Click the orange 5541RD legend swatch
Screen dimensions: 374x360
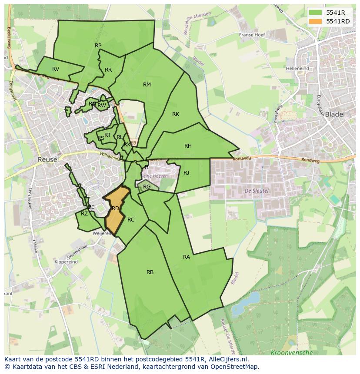coord(317,21)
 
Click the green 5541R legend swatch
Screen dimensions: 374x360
coord(317,13)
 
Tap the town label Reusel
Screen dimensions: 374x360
coord(48,159)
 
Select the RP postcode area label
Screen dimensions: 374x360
coord(98,45)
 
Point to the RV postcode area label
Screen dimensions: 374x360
coord(56,69)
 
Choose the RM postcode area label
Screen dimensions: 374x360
coord(147,84)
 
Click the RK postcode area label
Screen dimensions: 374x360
coord(176,114)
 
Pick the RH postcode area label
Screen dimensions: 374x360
coord(188,146)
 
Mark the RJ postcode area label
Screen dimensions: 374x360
coord(187,172)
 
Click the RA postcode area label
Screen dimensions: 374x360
coord(187,257)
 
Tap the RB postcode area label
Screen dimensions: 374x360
coord(150,272)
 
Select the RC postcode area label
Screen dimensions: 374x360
coord(131,220)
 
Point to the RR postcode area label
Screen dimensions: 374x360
coord(108,70)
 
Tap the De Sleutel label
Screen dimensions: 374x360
coord(257,191)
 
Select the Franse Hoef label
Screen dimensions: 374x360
coord(252,35)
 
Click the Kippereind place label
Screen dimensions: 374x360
coord(67,262)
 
